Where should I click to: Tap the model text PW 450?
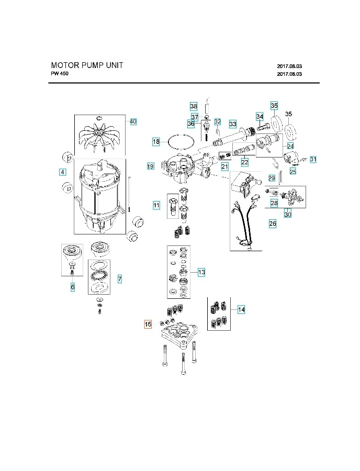point(60,74)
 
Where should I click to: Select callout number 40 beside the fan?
point(133,121)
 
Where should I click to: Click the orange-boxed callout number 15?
point(148,324)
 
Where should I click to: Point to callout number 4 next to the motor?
point(62,172)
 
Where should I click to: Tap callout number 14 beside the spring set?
point(241,309)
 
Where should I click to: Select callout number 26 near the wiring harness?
point(273,223)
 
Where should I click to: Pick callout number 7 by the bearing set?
point(119,279)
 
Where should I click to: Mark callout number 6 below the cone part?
point(73,287)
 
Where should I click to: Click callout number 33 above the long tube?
point(233,125)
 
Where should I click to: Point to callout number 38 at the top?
point(194,106)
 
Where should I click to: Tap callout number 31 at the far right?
point(313,159)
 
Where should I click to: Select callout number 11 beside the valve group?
point(156,205)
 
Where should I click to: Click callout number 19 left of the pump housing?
point(150,166)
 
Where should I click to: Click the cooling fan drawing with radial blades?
point(100,136)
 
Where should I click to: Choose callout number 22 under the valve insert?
point(245,162)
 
